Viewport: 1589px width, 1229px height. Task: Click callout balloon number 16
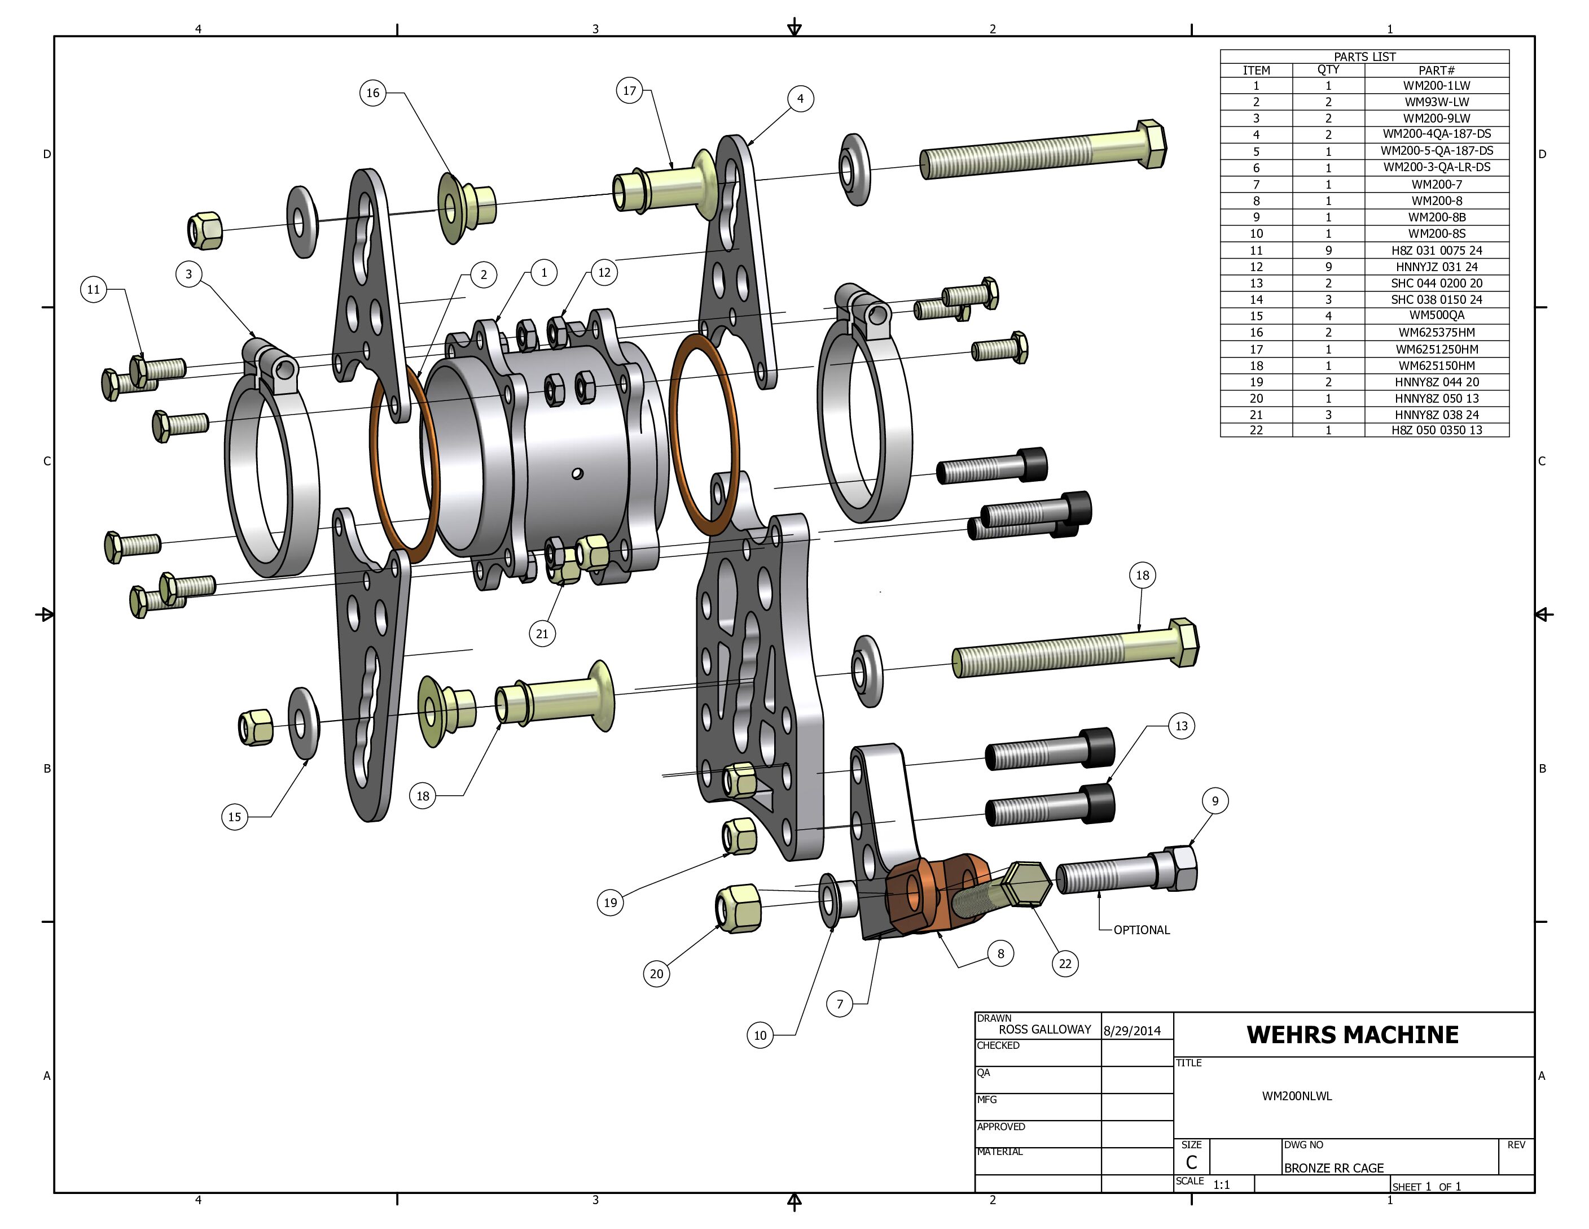click(372, 93)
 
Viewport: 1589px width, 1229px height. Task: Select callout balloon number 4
click(800, 98)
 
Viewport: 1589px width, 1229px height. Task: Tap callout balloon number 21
click(542, 634)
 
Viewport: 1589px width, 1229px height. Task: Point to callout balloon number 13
click(1181, 726)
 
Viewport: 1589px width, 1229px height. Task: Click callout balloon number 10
click(760, 1035)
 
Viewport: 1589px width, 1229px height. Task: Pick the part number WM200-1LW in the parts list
click(1436, 85)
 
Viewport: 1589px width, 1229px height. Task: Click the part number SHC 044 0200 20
click(1436, 283)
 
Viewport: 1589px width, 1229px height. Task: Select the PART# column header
click(1436, 70)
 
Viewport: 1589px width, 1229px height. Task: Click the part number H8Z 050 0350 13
click(1436, 430)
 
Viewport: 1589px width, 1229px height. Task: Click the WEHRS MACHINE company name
click(1353, 1035)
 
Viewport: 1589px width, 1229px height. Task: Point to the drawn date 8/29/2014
click(1137, 1031)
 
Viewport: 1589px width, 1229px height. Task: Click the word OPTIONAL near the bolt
click(1142, 930)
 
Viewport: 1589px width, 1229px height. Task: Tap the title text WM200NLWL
click(1297, 1096)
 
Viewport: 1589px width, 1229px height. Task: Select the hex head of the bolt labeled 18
click(1184, 642)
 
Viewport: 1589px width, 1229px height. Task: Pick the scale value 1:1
click(1222, 1184)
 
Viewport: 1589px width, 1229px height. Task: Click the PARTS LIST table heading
click(1364, 56)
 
